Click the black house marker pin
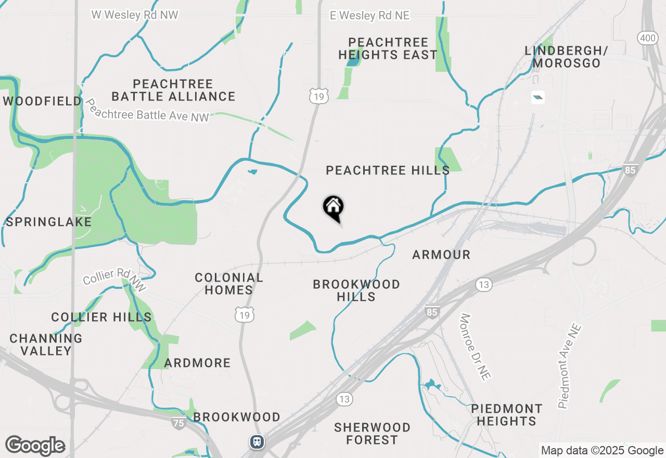334,208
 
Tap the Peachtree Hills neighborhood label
388,170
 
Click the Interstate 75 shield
178,423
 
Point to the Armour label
441,255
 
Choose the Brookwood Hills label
356,290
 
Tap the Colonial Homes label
229,284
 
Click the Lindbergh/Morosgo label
566,57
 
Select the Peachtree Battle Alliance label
173,90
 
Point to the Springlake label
48,222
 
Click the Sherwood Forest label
372,434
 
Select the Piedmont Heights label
507,415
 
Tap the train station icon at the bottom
257,442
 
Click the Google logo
35,446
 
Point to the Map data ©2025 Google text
602,451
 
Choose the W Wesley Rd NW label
135,15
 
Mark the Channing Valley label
46,345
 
